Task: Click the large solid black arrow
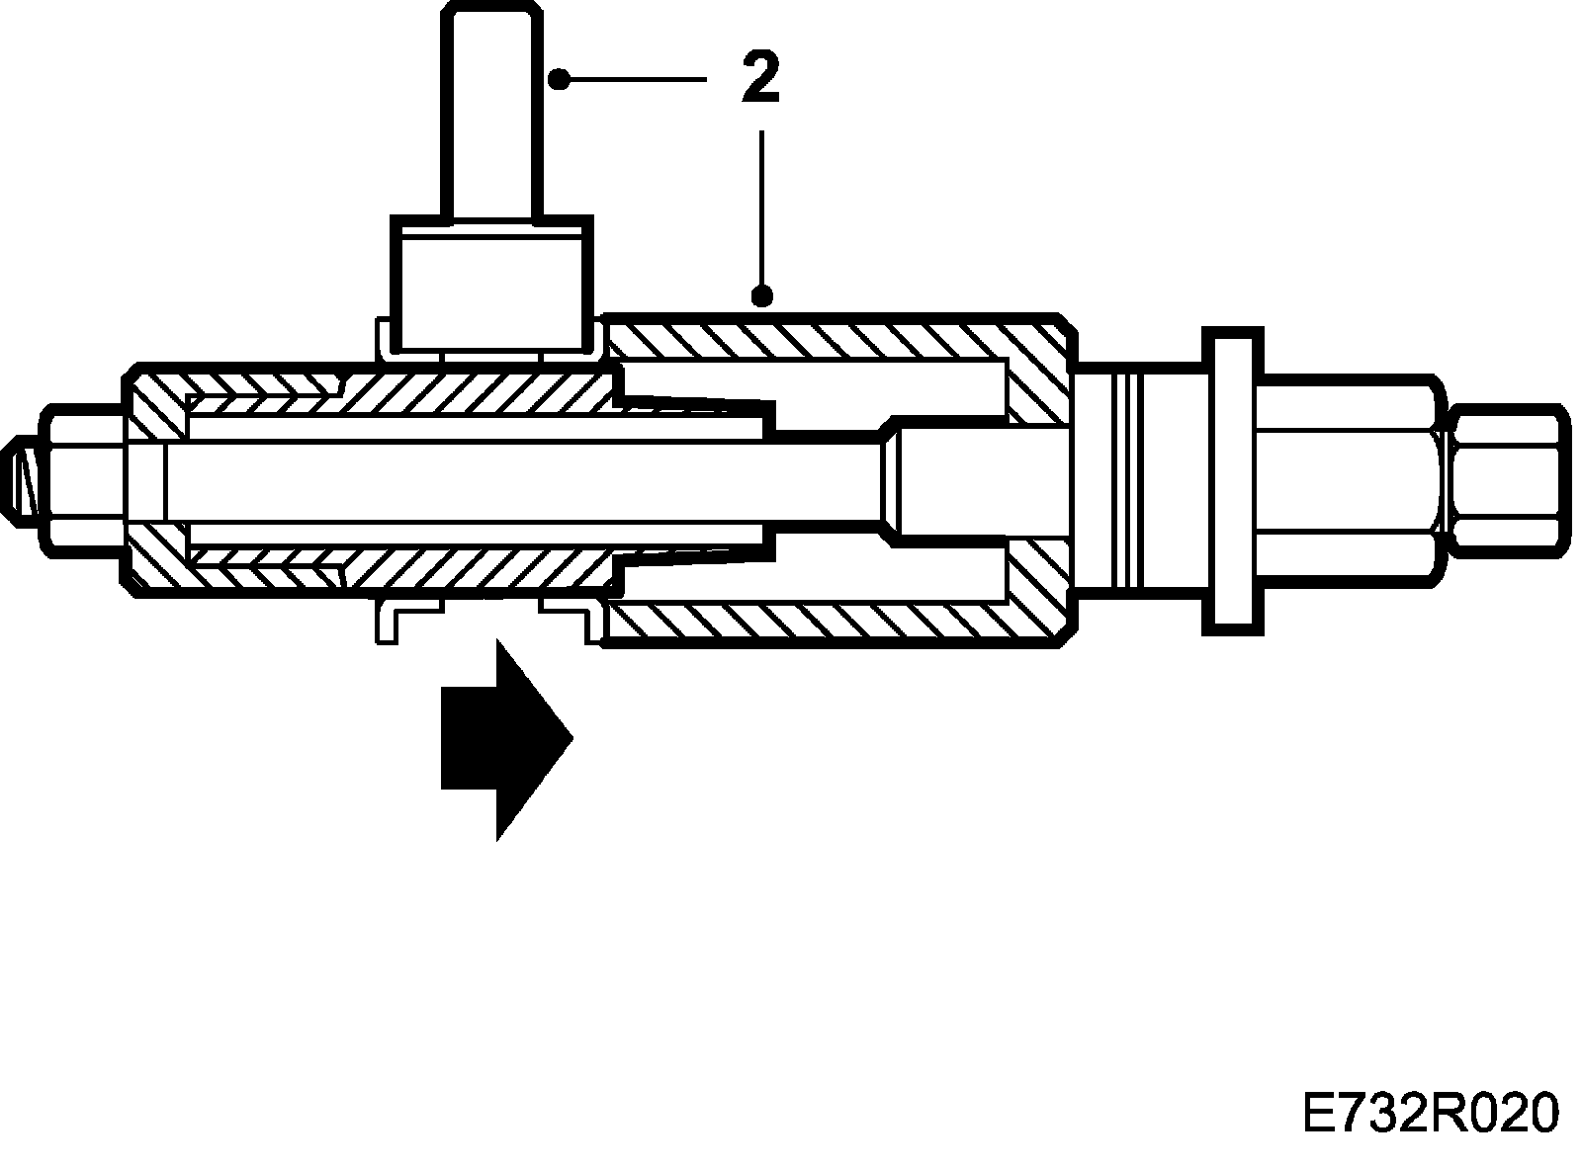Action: point(505,740)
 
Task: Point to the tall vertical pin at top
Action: point(492,109)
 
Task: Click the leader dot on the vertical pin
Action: point(559,78)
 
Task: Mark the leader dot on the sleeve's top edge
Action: point(760,294)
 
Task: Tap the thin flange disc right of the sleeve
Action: point(1232,480)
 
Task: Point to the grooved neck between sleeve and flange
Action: point(1137,480)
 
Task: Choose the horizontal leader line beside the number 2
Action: point(633,78)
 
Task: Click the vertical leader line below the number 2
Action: point(760,208)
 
